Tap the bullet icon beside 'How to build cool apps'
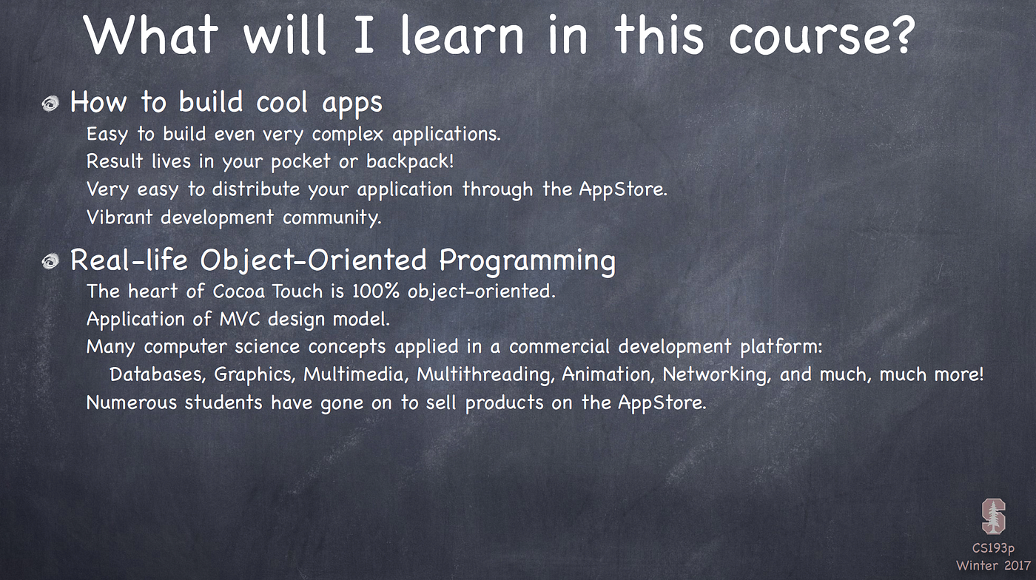[x=50, y=104]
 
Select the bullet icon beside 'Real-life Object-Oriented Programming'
[x=50, y=262]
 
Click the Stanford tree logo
[x=993, y=516]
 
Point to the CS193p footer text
[x=993, y=548]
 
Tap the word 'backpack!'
[x=410, y=161]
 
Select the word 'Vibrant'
[x=119, y=217]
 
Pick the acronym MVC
[x=240, y=319]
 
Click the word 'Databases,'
[x=157, y=374]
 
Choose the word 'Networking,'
[x=717, y=375]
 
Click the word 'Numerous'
[x=132, y=402]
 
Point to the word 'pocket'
[x=300, y=162]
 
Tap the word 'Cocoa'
[x=238, y=291]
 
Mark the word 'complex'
[x=348, y=135]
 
